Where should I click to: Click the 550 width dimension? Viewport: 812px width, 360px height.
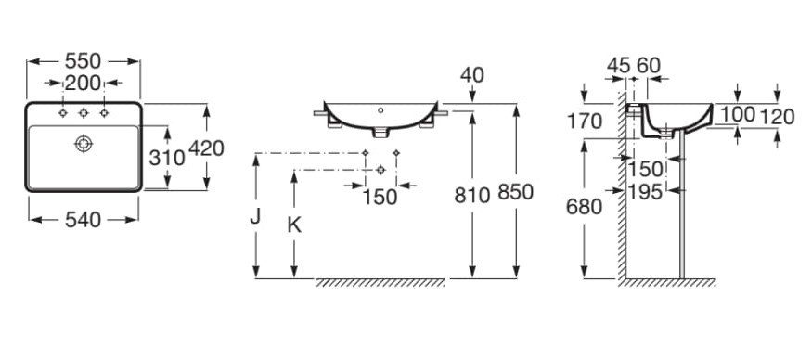tap(83, 61)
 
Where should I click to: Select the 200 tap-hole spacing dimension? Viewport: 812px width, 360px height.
tap(83, 83)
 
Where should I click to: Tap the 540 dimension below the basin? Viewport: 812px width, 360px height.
tap(83, 220)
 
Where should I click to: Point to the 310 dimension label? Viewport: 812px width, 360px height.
tap(167, 157)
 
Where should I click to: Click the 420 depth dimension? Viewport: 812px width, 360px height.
tap(206, 148)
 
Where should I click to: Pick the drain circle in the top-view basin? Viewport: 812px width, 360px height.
tap(84, 144)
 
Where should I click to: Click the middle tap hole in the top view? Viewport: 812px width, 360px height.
tap(84, 113)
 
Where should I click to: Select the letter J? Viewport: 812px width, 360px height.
tap(255, 216)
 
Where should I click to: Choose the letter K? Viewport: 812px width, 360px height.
tap(294, 225)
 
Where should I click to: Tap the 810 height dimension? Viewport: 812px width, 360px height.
tap(471, 195)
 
